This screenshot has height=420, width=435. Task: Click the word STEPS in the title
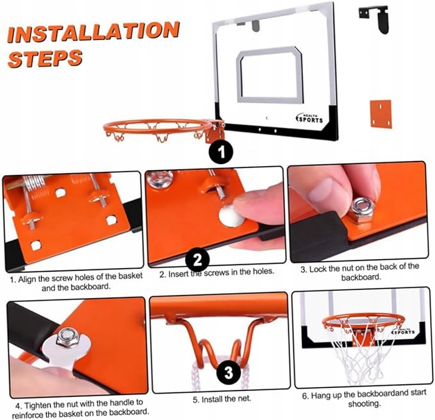pos(45,58)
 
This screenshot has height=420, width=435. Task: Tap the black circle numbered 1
pos(221,152)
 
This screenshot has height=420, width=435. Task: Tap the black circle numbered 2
pos(197,260)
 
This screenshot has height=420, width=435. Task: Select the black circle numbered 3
pos(228,373)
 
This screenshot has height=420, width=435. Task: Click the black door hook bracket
pos(375,18)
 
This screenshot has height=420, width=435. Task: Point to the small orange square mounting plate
pos(381,113)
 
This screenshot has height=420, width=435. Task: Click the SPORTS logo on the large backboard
pos(309,119)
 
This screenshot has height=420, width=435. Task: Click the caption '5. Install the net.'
pos(222,399)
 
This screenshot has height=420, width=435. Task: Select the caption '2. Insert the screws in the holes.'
pos(217,273)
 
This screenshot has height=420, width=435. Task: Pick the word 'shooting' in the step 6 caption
pos(364,403)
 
